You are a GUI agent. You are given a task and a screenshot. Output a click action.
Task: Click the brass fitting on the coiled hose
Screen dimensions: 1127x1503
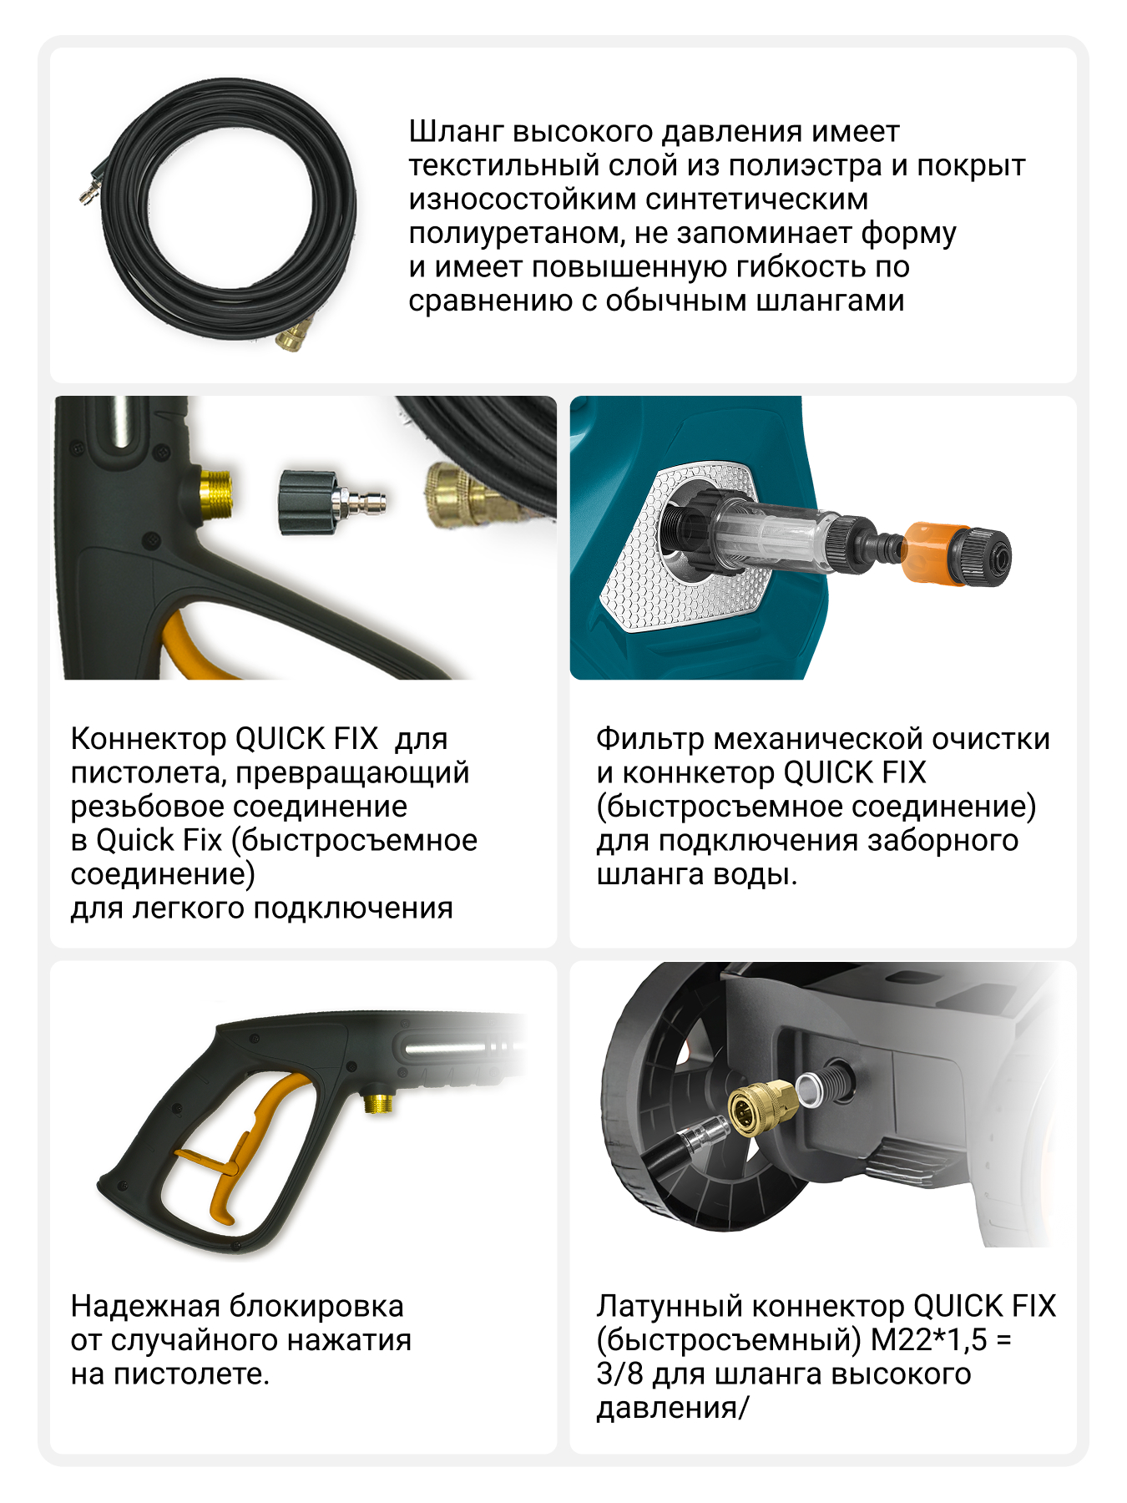click(x=293, y=334)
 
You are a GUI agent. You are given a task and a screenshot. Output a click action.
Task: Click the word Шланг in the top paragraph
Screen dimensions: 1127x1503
click(x=456, y=133)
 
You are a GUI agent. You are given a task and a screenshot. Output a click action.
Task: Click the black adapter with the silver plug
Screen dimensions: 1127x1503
click(x=331, y=501)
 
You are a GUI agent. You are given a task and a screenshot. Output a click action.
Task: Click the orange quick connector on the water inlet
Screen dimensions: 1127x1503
click(x=930, y=551)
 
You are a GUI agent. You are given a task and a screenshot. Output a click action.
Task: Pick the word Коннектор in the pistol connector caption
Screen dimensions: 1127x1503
click(x=148, y=740)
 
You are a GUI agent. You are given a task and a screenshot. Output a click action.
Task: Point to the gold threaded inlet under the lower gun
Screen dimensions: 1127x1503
click(x=379, y=1102)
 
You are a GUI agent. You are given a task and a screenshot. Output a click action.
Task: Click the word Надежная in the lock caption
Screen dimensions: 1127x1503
click(x=145, y=1307)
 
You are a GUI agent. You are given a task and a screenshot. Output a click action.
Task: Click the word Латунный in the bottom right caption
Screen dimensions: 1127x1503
click(x=669, y=1307)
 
